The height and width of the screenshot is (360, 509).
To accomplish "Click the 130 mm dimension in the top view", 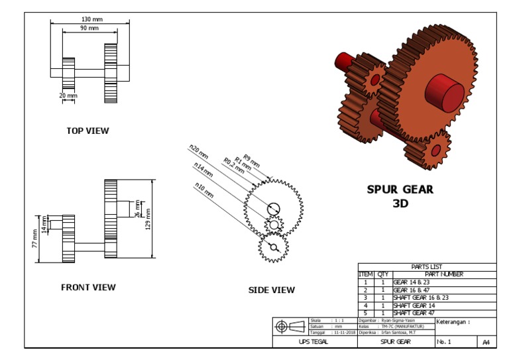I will point(91,20).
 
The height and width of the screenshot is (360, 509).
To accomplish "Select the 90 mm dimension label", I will point(89,29).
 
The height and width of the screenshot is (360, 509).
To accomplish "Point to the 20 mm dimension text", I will point(68,96).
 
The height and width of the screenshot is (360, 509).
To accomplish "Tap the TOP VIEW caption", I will point(87,131).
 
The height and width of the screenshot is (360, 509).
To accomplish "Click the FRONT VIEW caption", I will point(88,287).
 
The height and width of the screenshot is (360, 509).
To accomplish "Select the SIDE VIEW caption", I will point(272,290).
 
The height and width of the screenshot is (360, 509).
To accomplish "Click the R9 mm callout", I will point(252,160).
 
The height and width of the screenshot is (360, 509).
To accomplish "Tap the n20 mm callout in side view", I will point(198,151).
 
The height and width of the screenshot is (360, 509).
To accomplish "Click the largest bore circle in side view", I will point(273,209).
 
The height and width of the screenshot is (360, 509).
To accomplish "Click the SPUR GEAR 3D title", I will point(400,196).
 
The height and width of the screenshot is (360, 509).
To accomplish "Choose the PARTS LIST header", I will point(427,267).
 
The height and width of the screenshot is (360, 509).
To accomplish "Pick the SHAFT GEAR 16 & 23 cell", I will point(421,298).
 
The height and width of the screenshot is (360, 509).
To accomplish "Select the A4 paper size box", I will point(486,341).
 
